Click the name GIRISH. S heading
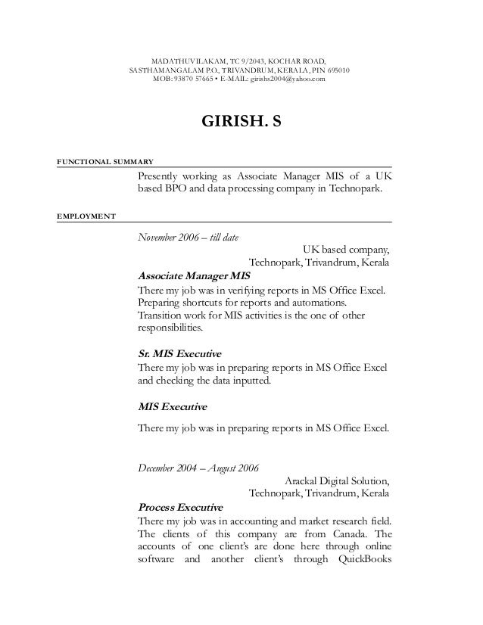240,121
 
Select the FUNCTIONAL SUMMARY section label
105,162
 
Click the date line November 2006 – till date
188,238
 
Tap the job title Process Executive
180,506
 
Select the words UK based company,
346,250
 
